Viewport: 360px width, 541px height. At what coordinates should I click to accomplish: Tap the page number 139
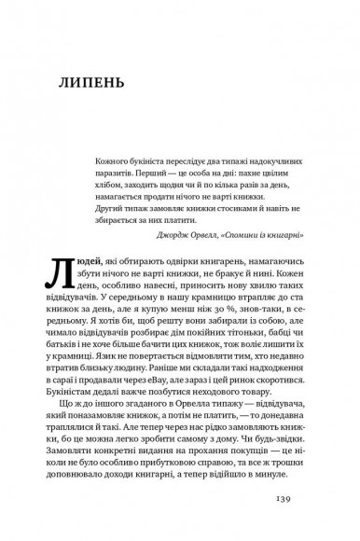tap(287, 522)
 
